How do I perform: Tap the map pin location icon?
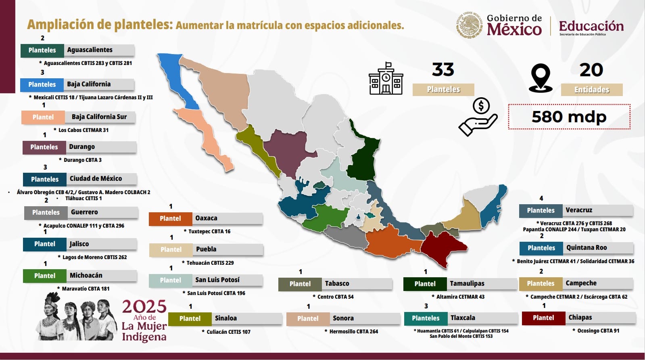pos(541,78)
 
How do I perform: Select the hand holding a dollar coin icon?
pos(478,117)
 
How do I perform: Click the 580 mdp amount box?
pos(569,117)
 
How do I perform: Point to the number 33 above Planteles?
pos(443,70)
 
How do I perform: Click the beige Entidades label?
pos(591,90)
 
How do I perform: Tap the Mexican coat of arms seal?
pos(470,25)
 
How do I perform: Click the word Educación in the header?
pos(591,26)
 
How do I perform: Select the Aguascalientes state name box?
pos(99,50)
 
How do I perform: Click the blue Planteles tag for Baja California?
pos(42,84)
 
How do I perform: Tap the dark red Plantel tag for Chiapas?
pos(543,318)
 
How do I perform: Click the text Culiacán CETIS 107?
pos(228,332)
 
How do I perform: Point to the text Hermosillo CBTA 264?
pos(353,331)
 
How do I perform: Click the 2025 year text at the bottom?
pos(144,307)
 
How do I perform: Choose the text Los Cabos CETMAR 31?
pos(83,130)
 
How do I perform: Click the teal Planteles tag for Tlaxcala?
pos(426,318)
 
